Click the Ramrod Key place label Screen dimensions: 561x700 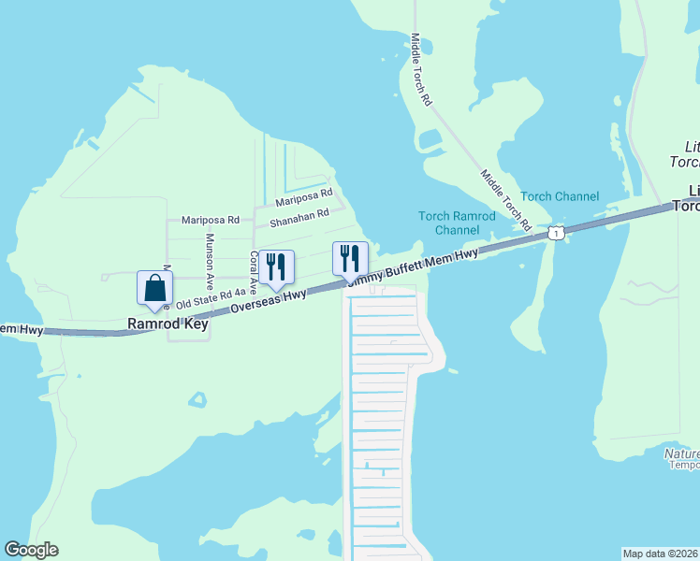point(168,325)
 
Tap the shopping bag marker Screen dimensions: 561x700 point(154,290)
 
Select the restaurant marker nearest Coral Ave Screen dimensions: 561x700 point(276,268)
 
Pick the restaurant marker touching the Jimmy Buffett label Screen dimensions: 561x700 point(350,260)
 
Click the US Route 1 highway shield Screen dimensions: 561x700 point(556,232)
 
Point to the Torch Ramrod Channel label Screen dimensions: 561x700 point(449,223)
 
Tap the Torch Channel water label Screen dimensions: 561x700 point(560,196)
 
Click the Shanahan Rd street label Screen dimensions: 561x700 point(299,219)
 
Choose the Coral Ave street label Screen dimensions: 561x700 point(253,272)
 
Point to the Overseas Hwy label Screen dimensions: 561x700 point(270,301)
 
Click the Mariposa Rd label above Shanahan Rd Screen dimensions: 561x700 point(304,198)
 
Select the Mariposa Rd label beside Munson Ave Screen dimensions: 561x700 point(211,221)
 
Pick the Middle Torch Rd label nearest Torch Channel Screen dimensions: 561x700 point(505,200)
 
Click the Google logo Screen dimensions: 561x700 point(31,550)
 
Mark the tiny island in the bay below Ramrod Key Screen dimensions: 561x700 point(197,399)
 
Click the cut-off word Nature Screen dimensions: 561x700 point(682,454)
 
